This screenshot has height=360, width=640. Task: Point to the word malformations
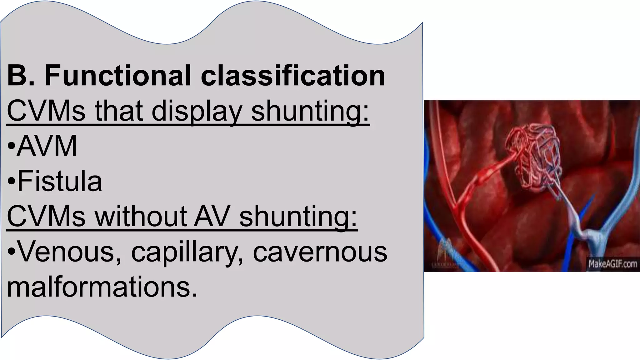pyautogui.click(x=102, y=287)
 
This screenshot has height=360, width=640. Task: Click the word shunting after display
pyautogui.click(x=310, y=111)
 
